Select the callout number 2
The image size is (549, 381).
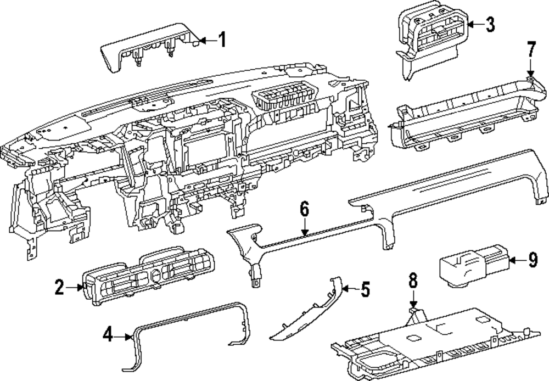click(60, 287)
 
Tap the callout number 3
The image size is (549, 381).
click(490, 24)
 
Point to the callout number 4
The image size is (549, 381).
click(109, 334)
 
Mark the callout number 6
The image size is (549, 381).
click(305, 209)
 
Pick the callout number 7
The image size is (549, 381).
click(531, 50)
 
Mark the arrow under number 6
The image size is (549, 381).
click(305, 228)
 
